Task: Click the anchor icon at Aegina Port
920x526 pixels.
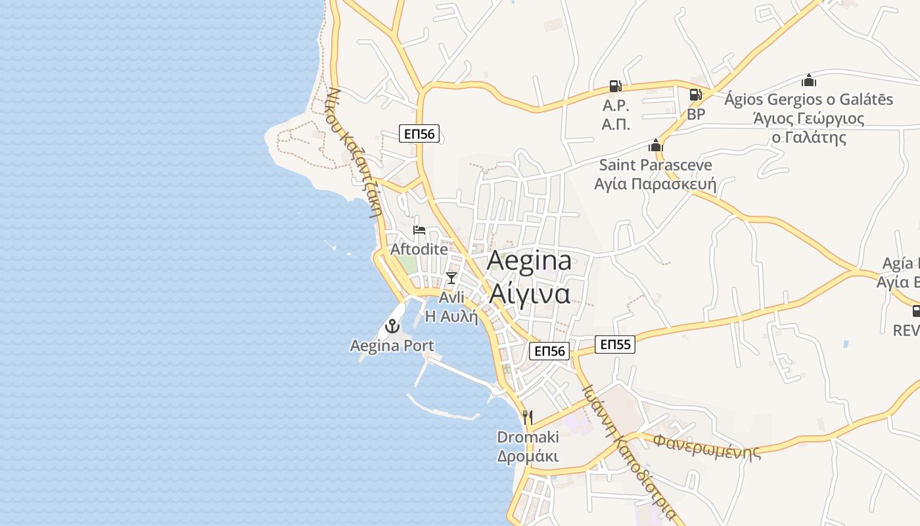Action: (x=392, y=325)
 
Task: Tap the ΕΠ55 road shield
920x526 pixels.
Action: (x=615, y=344)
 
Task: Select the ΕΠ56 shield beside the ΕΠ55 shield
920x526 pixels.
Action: (x=549, y=351)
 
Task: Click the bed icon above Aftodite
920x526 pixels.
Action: (x=419, y=230)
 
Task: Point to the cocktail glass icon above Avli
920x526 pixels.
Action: (x=451, y=278)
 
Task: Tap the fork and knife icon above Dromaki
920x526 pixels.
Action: (x=527, y=417)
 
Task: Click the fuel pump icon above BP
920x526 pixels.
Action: (x=695, y=95)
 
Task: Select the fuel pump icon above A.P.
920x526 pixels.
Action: (x=616, y=86)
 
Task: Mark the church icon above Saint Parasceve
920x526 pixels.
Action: (x=655, y=145)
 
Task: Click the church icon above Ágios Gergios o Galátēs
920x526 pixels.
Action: (x=809, y=80)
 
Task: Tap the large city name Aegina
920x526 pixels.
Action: (x=529, y=262)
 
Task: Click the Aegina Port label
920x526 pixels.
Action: (x=392, y=346)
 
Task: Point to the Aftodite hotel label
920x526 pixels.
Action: (x=419, y=249)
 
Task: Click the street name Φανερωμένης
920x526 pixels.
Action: (x=706, y=445)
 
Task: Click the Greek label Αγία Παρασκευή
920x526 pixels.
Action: (x=655, y=183)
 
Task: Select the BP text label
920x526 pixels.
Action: (x=696, y=114)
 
